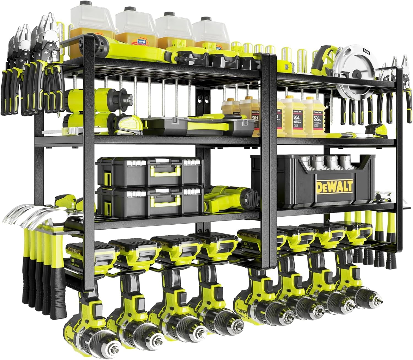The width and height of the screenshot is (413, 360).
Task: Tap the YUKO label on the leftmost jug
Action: click(x=142, y=42)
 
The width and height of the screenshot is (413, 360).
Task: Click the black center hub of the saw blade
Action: click(x=357, y=74)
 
